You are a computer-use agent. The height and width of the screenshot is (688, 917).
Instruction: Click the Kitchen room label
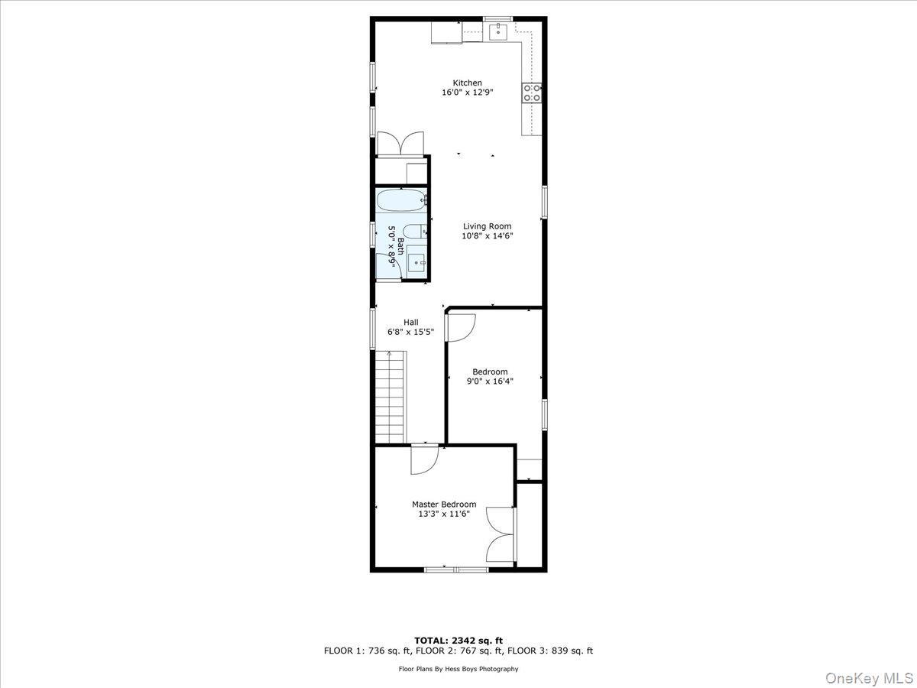467,83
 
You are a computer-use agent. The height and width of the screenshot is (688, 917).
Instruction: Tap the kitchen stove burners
533,92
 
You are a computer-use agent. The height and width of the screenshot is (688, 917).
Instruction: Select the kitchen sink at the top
498,31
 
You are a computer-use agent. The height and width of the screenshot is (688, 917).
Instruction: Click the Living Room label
487,226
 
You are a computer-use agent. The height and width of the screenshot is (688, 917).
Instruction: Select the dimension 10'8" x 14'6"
487,236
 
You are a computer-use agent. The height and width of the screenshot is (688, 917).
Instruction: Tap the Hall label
411,322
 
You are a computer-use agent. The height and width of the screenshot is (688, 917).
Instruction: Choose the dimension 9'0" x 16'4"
490,381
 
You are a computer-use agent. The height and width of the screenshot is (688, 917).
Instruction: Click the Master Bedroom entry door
423,459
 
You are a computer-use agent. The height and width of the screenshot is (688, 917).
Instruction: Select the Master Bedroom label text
444,505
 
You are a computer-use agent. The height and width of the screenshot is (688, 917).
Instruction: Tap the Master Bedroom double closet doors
501,534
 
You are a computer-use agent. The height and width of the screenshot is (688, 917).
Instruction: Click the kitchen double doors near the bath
400,144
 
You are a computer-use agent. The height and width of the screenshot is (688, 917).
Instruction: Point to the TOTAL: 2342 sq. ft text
458,641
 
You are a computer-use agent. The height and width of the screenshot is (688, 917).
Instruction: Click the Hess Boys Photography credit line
458,669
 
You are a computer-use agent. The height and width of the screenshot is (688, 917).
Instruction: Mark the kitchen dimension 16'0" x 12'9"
467,93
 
